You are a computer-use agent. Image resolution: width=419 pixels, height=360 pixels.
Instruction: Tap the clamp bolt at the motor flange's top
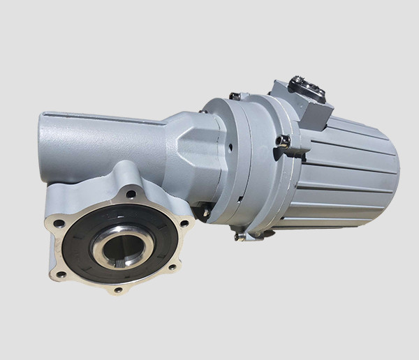tap(235, 96)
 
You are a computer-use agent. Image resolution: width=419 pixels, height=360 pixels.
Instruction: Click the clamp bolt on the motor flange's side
tap(285, 141)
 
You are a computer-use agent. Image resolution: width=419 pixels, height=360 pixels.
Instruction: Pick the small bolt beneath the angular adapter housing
tap(205, 210)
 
